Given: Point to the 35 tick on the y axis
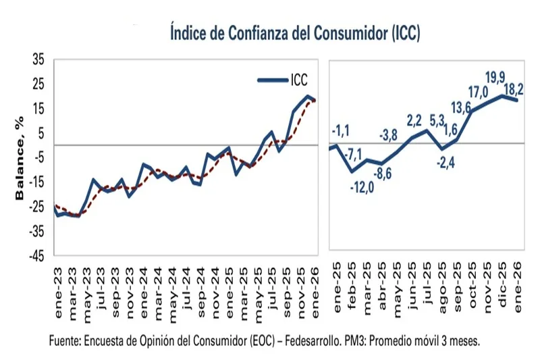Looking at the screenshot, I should (x=38, y=60).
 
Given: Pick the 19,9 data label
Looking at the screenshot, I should (x=495, y=78).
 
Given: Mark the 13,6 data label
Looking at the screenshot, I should (x=461, y=107).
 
